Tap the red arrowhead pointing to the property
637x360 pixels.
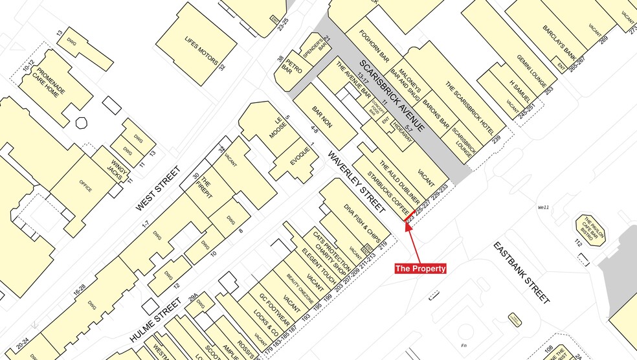[408, 226]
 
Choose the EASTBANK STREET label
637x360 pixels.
[521, 273]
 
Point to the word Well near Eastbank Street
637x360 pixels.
[543, 207]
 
